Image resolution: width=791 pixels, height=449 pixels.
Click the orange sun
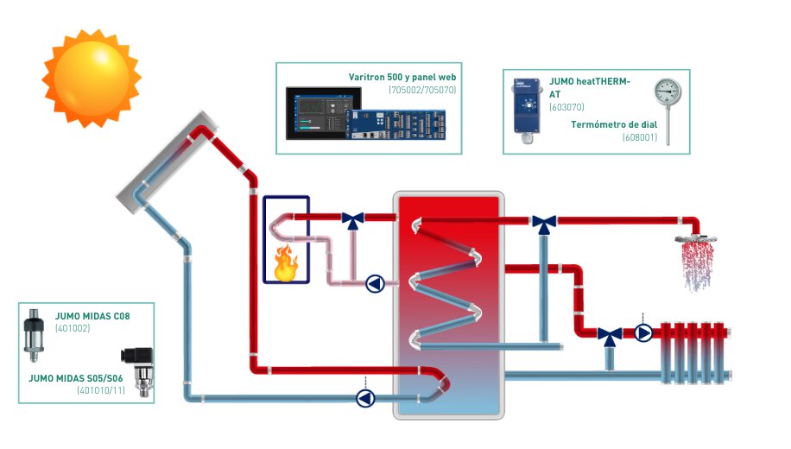coord(91,78)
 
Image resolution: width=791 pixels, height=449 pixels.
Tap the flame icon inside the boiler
coord(285,262)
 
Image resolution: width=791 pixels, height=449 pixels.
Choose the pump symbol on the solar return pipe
coord(366,397)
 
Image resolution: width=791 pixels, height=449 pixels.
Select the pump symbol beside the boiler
coord(375,283)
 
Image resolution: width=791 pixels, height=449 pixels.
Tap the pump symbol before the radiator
coord(643,332)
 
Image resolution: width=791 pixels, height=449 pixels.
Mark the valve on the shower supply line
coord(543,224)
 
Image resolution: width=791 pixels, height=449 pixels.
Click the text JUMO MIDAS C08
coord(92,316)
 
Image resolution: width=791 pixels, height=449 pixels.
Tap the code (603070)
coord(566,108)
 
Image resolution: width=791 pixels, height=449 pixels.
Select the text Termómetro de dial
coord(614,124)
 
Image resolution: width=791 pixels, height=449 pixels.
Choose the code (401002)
coord(73,328)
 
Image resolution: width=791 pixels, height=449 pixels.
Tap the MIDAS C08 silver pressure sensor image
coord(35,332)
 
